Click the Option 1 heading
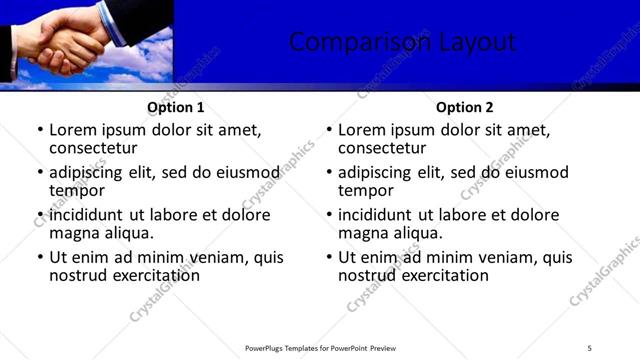176,107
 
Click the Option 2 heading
465,107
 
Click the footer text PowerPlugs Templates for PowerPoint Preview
320,348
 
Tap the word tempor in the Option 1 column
77,191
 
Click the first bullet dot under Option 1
40,131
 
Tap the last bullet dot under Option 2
329,258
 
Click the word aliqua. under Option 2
415,233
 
